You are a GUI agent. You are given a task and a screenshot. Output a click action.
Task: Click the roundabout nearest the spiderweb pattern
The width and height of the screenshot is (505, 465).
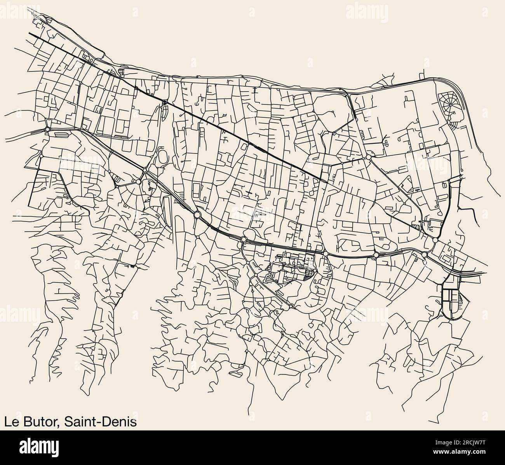434,164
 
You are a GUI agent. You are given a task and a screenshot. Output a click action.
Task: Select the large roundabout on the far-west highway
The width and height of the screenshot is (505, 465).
47,129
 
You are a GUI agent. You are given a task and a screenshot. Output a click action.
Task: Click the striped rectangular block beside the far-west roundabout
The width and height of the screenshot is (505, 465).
61,134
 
